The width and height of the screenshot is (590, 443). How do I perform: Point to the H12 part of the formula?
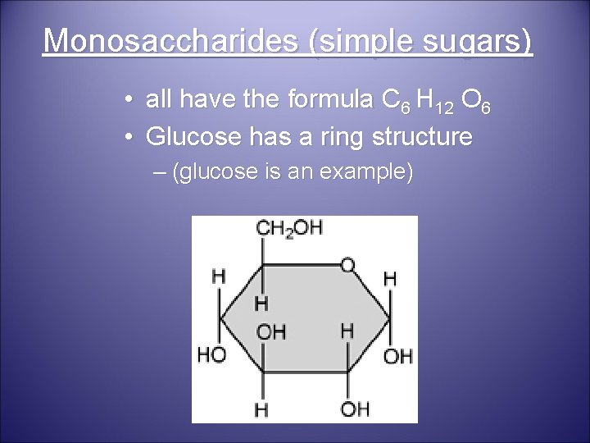coord(431,103)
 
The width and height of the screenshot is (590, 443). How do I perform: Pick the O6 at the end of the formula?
coord(475,103)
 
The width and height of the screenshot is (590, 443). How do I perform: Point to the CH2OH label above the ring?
coord(289,229)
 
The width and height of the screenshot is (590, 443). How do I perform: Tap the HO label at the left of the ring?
coord(212,354)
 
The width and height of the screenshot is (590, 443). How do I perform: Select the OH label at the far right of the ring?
coord(399,356)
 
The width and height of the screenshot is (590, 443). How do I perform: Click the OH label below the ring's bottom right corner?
coord(356,409)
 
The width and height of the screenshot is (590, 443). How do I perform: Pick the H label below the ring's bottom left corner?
coord(261,409)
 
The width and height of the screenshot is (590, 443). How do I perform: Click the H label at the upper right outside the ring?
coord(390,279)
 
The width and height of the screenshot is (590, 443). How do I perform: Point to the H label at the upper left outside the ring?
coord(219,276)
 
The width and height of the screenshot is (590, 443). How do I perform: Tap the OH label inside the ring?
coord(272,331)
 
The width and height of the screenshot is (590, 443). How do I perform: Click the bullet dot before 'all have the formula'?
coord(131,103)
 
